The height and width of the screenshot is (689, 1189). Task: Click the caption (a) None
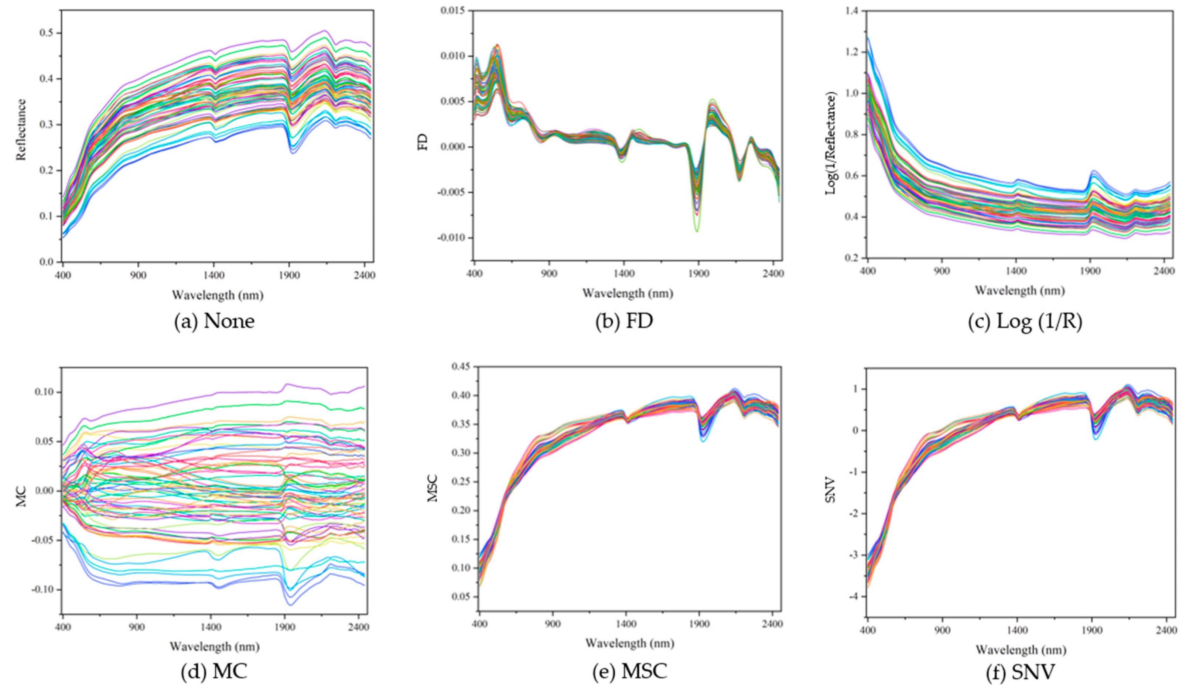(215, 321)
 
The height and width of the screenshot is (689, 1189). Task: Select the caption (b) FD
(624, 321)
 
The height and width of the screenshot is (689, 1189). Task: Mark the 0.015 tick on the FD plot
(452, 10)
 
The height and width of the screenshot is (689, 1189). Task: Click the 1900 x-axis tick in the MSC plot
(699, 624)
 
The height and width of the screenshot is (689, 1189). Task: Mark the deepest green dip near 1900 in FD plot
(696, 230)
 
